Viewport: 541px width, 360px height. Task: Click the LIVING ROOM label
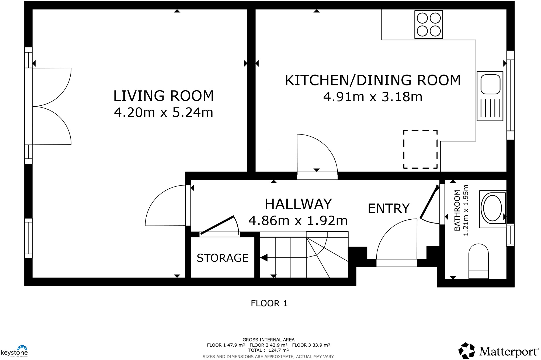(x=164, y=96)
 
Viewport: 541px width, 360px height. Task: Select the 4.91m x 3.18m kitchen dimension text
(x=373, y=97)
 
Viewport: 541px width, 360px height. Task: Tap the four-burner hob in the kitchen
(x=428, y=25)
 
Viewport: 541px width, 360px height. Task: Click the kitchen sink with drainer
(x=490, y=96)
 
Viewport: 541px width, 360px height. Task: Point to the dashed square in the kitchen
(x=420, y=149)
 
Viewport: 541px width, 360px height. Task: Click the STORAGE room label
(x=223, y=258)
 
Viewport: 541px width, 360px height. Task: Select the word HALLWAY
(x=298, y=204)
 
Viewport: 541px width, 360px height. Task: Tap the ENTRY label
(x=389, y=209)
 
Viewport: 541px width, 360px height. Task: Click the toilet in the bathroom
(x=478, y=261)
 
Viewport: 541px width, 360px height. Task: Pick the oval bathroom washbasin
(x=493, y=208)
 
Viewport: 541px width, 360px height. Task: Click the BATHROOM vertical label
(x=457, y=210)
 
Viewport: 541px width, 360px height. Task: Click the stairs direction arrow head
(x=264, y=258)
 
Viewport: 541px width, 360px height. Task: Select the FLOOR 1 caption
(x=269, y=303)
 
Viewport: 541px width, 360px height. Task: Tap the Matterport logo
(x=498, y=351)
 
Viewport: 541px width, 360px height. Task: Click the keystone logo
(x=15, y=351)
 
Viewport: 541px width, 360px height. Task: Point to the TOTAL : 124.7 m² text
(x=268, y=350)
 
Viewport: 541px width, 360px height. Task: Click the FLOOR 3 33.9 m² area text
(x=311, y=345)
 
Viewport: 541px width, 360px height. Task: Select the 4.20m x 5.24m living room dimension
(x=164, y=113)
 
